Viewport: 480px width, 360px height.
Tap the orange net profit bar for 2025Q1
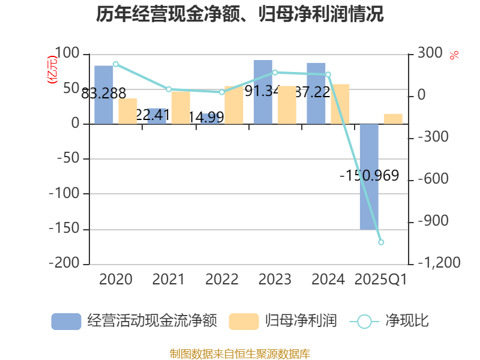pyautogui.click(x=393, y=118)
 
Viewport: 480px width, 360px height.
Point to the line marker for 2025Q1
pyautogui.click(x=381, y=242)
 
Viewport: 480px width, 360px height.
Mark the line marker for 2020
pyautogui.click(x=116, y=64)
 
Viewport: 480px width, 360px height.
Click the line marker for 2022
pyautogui.click(x=222, y=92)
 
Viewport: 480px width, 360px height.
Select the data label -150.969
pyautogui.click(x=369, y=176)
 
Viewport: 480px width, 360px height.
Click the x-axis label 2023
pyautogui.click(x=275, y=279)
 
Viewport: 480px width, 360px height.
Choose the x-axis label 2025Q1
pyautogui.click(x=381, y=279)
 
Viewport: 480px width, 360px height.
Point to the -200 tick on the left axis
pyautogui.click(x=67, y=263)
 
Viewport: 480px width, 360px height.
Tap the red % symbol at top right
pyautogui.click(x=454, y=55)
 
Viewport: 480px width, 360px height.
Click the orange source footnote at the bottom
pyautogui.click(x=240, y=353)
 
